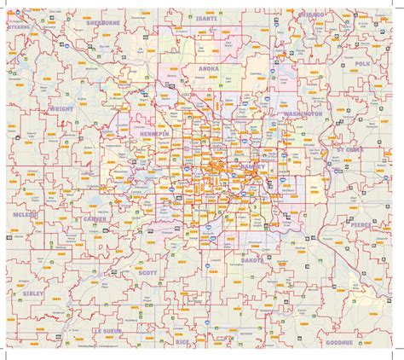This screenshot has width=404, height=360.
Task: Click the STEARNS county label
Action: (x=19, y=26)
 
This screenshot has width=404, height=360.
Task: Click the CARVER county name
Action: (x=94, y=219)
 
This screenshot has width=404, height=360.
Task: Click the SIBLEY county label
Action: (x=26, y=291)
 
